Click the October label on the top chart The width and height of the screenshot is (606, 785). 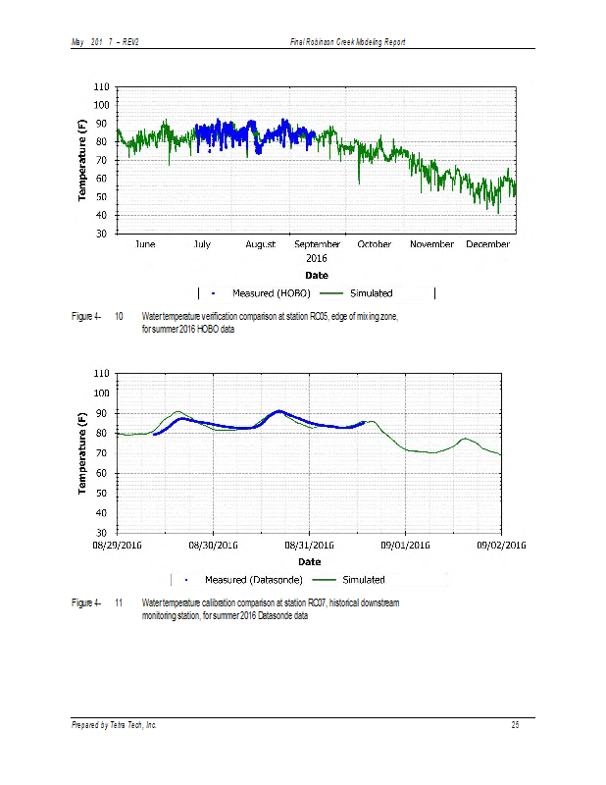point(375,244)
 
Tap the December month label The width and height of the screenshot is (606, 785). point(487,244)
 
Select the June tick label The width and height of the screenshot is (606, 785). point(144,244)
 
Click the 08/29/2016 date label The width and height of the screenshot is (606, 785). point(118,543)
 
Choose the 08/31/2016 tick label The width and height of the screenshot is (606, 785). point(309,543)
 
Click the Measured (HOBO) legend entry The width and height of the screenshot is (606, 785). point(265,292)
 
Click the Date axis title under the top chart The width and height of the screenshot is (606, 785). point(316,275)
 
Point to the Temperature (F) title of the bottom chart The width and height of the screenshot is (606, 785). point(83,452)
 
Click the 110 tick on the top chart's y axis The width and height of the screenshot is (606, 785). point(101,86)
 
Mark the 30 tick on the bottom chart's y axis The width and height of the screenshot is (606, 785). point(101,533)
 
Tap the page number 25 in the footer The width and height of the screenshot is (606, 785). point(514,724)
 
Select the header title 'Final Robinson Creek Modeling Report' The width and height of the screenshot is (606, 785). point(348,41)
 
